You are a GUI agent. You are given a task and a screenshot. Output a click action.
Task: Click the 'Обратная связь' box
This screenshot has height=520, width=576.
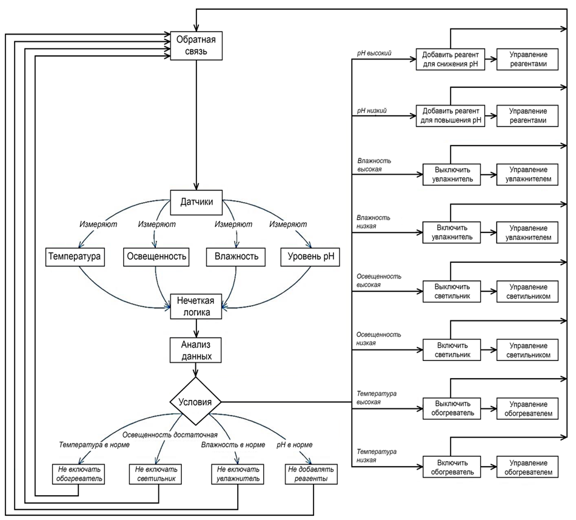(196, 46)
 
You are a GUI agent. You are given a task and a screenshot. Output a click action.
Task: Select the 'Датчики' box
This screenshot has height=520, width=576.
(196, 202)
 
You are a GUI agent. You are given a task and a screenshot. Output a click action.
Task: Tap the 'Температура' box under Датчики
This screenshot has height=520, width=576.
(74, 257)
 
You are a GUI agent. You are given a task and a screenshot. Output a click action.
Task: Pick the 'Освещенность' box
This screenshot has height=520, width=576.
(156, 257)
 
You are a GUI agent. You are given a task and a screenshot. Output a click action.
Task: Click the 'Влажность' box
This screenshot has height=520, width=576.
(236, 257)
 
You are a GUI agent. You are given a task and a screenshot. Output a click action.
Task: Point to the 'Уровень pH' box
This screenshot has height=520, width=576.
(310, 257)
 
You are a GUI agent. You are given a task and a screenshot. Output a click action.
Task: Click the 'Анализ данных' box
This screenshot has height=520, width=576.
(195, 350)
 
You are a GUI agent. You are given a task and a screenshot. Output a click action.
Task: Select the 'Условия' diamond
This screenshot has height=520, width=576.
(195, 402)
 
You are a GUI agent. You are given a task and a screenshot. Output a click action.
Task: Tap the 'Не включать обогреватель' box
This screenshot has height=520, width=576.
(76, 474)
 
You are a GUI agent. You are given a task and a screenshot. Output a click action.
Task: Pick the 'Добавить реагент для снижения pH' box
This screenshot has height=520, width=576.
(450, 59)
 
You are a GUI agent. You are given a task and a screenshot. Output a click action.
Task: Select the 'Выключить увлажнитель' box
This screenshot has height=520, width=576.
(450, 174)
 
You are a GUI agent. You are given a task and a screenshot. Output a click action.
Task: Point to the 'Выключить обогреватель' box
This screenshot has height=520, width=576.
(450, 408)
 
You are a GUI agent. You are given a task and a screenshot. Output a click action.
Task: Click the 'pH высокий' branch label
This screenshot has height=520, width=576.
(374, 54)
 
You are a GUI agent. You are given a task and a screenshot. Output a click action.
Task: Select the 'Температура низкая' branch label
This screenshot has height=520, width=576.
(377, 456)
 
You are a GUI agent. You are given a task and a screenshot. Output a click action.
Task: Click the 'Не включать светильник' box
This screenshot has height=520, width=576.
(156, 474)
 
